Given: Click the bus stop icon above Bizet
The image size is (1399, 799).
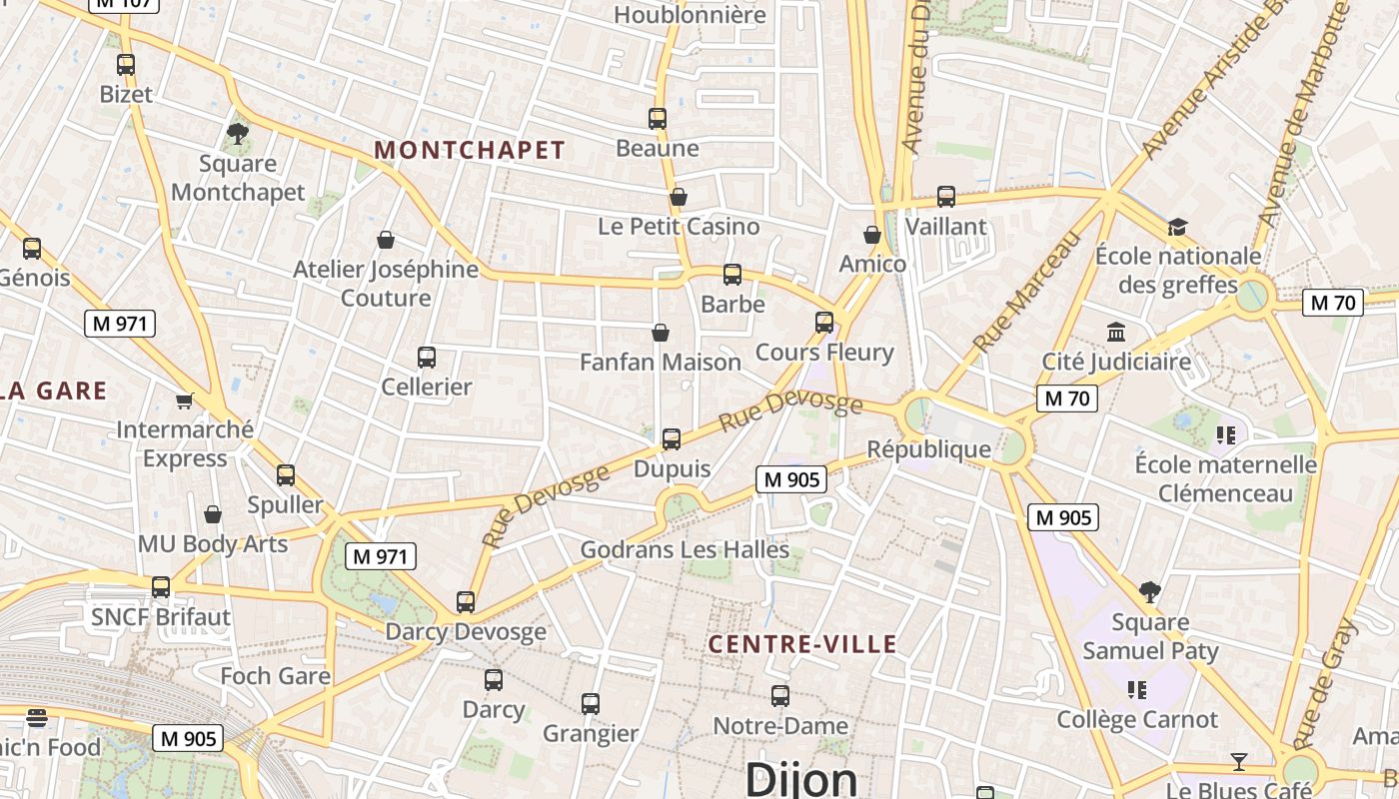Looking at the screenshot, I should pyautogui.click(x=126, y=65).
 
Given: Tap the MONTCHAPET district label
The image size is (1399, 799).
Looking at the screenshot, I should pyautogui.click(x=470, y=151).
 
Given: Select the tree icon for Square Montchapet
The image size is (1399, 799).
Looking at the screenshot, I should pyautogui.click(x=238, y=133).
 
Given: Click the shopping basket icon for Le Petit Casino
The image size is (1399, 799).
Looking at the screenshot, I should pyautogui.click(x=679, y=197).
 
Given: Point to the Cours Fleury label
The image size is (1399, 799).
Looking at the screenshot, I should pyautogui.click(x=824, y=352).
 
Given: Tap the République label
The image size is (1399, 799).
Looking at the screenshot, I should pyautogui.click(x=929, y=448).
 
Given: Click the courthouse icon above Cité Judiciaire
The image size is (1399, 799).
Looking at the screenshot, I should pyautogui.click(x=1116, y=332).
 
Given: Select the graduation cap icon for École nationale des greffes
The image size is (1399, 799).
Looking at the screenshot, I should pyautogui.click(x=1177, y=227).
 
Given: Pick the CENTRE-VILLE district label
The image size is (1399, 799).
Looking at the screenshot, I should pyautogui.click(x=802, y=644).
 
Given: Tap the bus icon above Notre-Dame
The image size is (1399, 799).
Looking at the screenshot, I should pyautogui.click(x=780, y=696).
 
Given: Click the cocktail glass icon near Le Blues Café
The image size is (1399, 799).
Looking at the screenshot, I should pyautogui.click(x=1239, y=762).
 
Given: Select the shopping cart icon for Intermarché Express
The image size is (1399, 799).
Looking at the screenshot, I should pyautogui.click(x=184, y=400).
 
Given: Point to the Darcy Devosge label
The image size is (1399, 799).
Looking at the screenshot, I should pyautogui.click(x=466, y=631).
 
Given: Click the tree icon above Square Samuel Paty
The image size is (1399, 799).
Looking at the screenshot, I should pyautogui.click(x=1150, y=592).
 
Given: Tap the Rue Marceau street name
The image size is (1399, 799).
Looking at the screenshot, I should pyautogui.click(x=1027, y=292).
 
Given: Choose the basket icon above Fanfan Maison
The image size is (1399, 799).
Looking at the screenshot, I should pyautogui.click(x=661, y=333).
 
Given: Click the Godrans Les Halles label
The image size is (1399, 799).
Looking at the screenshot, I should pyautogui.click(x=685, y=549).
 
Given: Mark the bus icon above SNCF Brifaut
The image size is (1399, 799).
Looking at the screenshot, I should pyautogui.click(x=161, y=587).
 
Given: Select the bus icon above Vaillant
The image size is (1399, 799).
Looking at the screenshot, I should pyautogui.click(x=946, y=197).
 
